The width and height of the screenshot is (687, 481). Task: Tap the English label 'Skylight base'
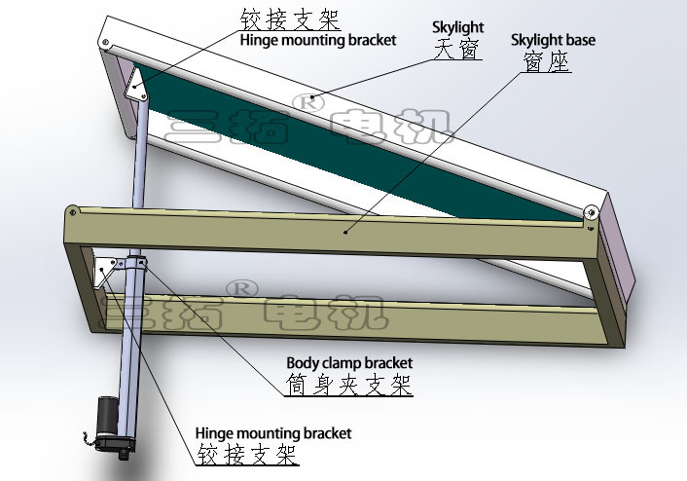pos(553,41)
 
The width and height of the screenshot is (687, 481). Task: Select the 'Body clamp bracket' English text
pos(349,362)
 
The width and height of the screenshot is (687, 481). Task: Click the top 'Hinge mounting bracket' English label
pos(317,40)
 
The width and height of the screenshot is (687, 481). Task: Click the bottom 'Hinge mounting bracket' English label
pos(273,433)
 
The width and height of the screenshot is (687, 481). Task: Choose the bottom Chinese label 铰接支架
pos(247,454)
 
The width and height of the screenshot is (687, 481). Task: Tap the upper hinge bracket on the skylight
pos(137,88)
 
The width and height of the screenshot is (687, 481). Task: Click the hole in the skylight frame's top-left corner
pos(107,41)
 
